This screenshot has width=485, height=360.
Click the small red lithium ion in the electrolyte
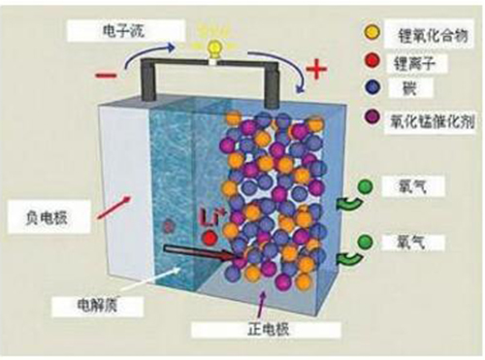point(172,226)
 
